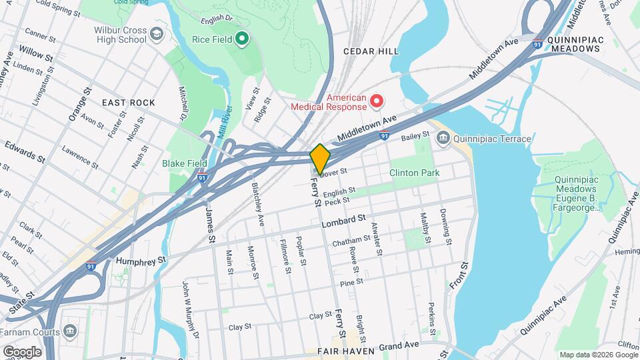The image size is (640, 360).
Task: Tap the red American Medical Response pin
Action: (x=377, y=101)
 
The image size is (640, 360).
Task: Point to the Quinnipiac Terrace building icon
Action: (x=443, y=139)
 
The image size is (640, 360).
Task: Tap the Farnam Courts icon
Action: (x=70, y=331)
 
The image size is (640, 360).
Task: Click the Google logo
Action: (x=21, y=351)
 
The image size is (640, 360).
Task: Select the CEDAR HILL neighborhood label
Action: (x=371, y=51)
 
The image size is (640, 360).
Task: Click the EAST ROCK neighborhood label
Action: (x=128, y=103)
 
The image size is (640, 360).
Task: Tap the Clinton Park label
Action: (x=414, y=173)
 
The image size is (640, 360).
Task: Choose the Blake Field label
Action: (x=184, y=163)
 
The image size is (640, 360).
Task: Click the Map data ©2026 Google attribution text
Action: (x=598, y=355)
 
